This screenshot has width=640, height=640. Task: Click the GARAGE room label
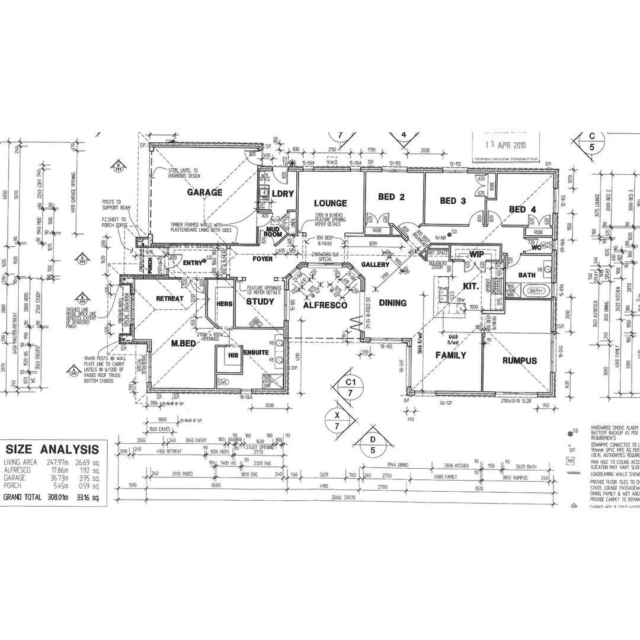coord(204,193)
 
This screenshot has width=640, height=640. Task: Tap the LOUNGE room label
coord(330,203)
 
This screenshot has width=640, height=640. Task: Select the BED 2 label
coord(391,197)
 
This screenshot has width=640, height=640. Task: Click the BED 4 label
coord(522,209)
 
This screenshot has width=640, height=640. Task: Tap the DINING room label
coord(392,303)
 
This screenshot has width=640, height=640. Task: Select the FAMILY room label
coord(451,356)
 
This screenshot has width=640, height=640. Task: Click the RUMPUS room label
coord(519,360)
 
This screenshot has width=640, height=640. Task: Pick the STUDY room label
coord(260,302)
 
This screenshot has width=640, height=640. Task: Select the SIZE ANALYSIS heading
coord(52,449)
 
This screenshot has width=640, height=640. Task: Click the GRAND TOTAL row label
coord(23,497)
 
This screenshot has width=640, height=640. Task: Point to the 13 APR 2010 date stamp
coord(504,143)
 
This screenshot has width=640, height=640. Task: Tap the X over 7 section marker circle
coord(337,420)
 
